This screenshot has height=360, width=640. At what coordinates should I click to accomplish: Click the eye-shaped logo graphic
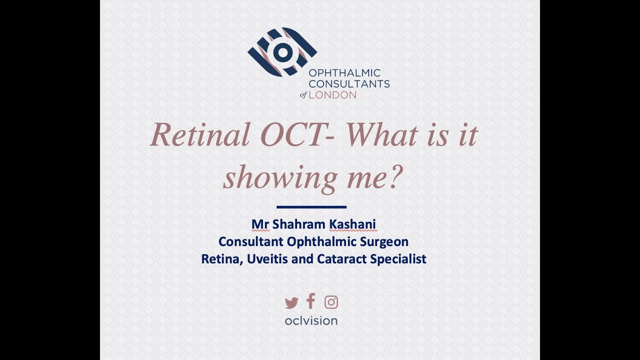click(282, 52)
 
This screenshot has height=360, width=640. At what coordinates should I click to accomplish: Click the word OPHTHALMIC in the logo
click(344, 73)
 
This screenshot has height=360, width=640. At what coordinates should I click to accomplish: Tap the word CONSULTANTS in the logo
click(349, 84)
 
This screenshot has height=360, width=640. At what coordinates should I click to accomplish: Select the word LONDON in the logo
click(332, 94)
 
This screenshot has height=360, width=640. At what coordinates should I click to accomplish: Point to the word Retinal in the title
click(200, 135)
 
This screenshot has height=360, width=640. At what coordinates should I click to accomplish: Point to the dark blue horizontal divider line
click(311, 206)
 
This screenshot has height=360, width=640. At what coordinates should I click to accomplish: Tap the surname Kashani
click(352, 224)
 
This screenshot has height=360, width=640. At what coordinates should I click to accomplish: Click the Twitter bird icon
click(291, 302)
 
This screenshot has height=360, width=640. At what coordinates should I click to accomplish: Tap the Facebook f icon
click(311, 301)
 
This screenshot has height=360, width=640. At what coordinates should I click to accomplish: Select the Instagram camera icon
click(331, 302)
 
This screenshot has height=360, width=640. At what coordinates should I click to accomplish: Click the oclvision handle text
click(311, 320)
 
